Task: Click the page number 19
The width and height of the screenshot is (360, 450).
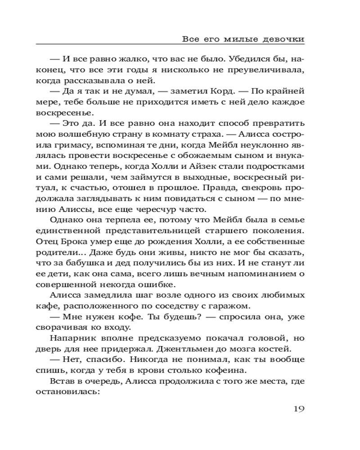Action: point(299,409)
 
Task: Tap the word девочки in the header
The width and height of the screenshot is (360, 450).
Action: point(283,39)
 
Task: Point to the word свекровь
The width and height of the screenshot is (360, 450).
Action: point(257,198)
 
